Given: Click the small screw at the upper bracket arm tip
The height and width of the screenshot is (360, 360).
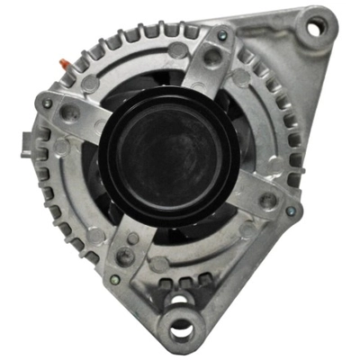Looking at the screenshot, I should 222,36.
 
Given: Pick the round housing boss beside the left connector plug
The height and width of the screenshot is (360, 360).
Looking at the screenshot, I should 60,147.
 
